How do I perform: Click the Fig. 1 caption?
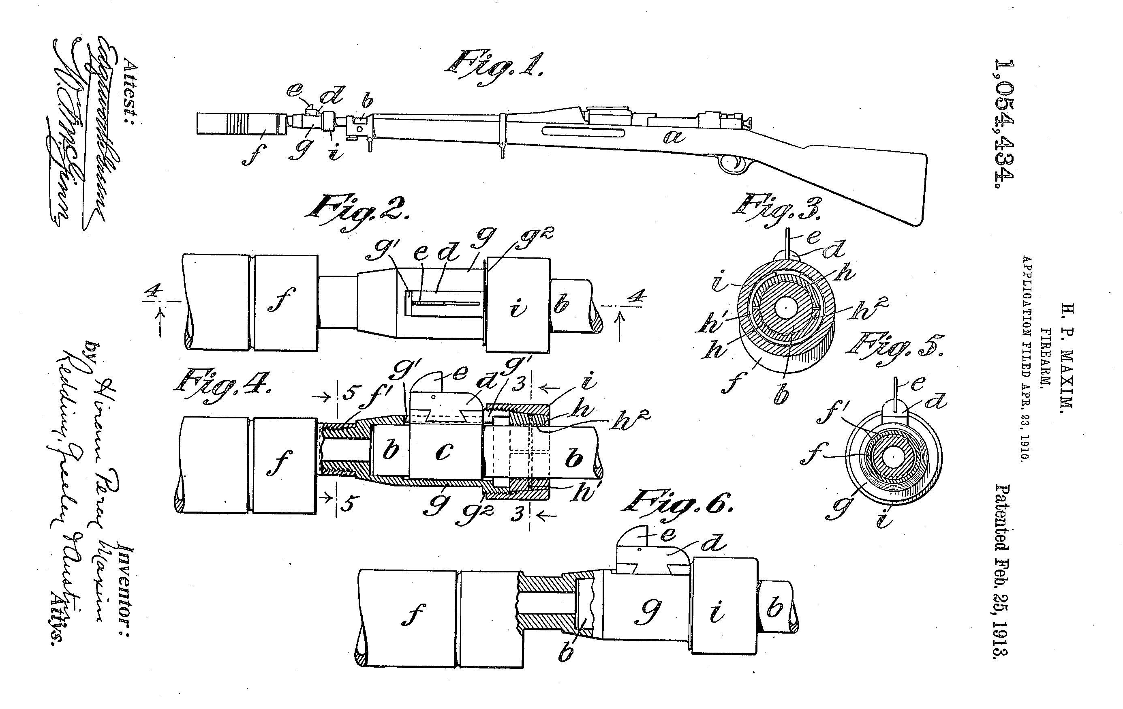(x=494, y=69)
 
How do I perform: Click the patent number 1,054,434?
(x=1005, y=124)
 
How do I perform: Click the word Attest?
(x=130, y=91)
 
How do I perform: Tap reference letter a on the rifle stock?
(x=674, y=137)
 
